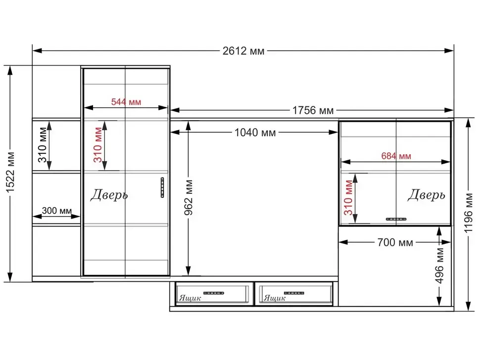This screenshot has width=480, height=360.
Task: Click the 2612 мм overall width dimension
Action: (x=243, y=51)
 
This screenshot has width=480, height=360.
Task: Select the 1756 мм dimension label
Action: (x=313, y=110)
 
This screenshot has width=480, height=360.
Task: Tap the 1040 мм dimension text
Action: (x=255, y=133)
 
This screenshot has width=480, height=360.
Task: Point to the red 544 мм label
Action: (x=126, y=102)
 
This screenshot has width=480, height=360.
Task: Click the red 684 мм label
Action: (x=396, y=156)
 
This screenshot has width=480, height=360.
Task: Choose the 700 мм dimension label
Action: (x=395, y=242)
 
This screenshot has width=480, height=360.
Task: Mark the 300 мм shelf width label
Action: (x=56, y=211)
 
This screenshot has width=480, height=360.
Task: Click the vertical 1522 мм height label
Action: (x=10, y=172)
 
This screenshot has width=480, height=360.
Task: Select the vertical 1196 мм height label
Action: (x=468, y=213)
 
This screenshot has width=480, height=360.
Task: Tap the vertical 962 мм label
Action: (x=189, y=197)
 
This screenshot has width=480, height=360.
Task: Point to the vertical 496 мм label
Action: (x=439, y=266)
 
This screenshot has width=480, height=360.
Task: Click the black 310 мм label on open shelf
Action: (x=42, y=145)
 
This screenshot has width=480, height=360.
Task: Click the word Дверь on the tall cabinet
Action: (x=109, y=194)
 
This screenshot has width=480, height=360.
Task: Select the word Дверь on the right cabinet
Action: (x=426, y=194)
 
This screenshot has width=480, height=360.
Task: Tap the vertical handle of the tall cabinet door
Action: (x=162, y=187)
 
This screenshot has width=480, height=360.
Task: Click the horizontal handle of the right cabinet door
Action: (x=396, y=219)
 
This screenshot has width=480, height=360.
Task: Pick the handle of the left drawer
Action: (x=214, y=293)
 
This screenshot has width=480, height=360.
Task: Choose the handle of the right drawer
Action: (x=294, y=293)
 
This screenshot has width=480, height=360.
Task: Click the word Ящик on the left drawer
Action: (x=190, y=298)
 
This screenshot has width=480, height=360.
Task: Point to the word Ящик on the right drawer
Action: (x=275, y=298)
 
